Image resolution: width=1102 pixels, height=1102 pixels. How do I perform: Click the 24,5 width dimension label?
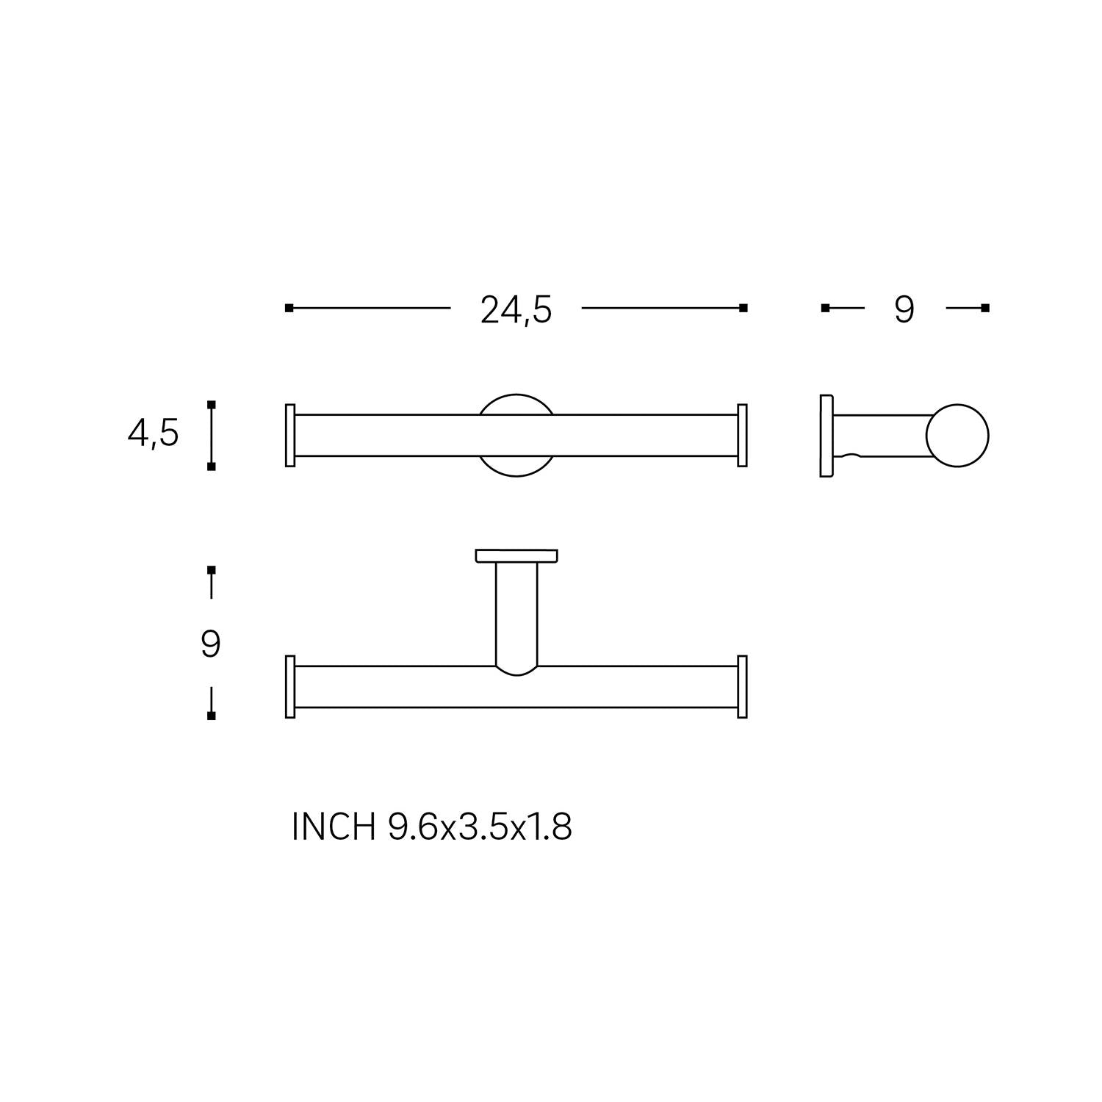[x=516, y=310]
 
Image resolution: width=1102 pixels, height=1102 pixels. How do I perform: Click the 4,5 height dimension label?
[x=153, y=433]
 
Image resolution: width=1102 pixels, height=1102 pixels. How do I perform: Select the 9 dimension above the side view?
[x=904, y=309]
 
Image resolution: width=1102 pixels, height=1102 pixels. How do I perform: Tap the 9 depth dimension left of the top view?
[x=211, y=644]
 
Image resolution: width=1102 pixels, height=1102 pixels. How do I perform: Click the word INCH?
[x=334, y=827]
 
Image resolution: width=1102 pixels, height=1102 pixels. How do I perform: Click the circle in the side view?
[x=957, y=436]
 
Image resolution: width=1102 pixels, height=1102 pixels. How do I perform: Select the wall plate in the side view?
[x=826, y=436]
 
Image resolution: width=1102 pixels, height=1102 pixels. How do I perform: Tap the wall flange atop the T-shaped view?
[x=516, y=556]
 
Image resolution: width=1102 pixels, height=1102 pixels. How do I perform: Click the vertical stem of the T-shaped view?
[x=516, y=617]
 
